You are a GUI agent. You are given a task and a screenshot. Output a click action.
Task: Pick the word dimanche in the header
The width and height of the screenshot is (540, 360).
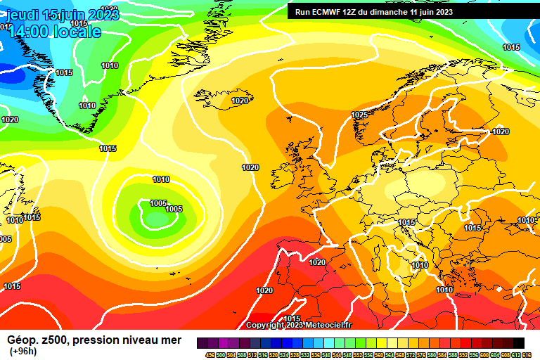pyautogui.click(x=392, y=11)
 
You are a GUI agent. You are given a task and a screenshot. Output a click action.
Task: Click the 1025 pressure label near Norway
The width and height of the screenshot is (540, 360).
pyautogui.click(x=359, y=115)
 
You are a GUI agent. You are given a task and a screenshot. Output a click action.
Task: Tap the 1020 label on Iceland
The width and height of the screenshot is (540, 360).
pyautogui.click(x=240, y=101)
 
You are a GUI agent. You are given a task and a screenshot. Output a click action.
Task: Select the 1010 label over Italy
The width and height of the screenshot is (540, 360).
pyautogui.click(x=420, y=265)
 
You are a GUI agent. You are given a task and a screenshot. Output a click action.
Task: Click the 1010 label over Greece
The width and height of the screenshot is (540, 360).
pyautogui.click(x=444, y=290)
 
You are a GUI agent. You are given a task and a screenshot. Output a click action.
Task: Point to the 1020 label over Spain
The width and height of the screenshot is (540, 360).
pyautogui.click(x=318, y=262)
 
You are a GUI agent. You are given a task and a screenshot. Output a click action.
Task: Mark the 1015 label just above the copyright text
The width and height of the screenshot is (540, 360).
pyautogui.click(x=291, y=319)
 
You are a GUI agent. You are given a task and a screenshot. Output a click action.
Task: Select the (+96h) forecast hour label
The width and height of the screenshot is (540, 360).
pyautogui.click(x=22, y=351)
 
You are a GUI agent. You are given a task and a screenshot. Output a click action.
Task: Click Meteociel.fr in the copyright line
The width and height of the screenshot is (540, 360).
pyautogui.click(x=329, y=325)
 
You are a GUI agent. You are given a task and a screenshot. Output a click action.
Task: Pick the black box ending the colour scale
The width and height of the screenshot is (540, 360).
pyautogui.click(x=518, y=342)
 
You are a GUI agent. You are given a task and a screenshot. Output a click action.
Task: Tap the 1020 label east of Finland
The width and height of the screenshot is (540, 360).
pyautogui.click(x=501, y=131)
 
